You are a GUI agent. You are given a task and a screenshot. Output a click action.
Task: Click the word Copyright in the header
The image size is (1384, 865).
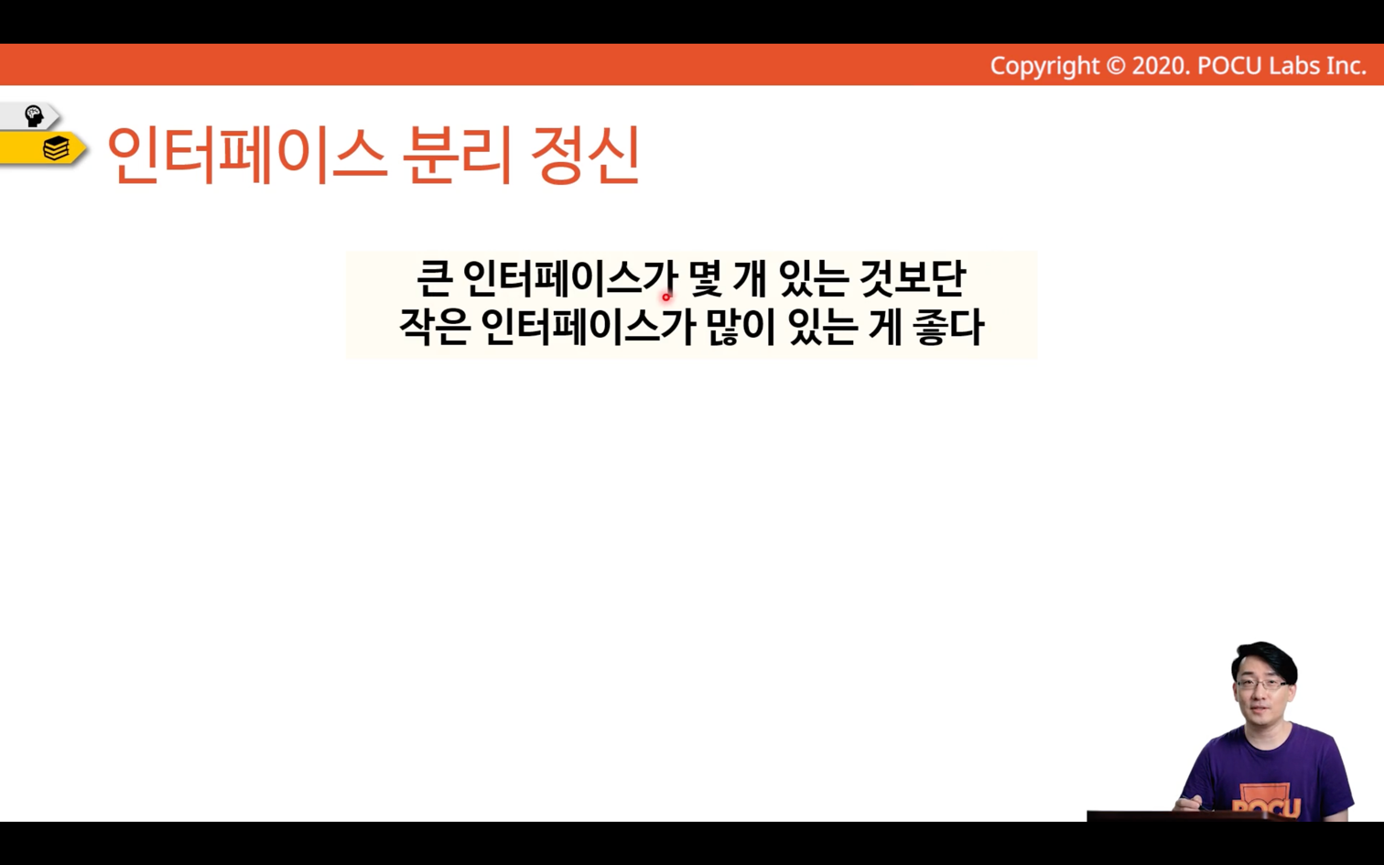click(x=1044, y=66)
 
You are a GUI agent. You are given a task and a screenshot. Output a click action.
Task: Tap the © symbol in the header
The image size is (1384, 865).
click(x=1116, y=66)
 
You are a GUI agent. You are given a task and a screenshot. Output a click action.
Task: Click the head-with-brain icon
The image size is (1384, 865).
click(x=34, y=116)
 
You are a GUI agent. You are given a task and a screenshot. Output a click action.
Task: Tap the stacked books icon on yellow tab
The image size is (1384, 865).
click(x=56, y=148)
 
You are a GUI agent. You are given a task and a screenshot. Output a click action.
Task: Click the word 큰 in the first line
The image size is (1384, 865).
click(x=436, y=278)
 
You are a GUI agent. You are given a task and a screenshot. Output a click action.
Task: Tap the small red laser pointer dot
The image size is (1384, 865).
click(x=666, y=297)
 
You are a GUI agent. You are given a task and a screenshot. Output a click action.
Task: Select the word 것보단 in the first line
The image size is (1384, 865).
click(x=913, y=278)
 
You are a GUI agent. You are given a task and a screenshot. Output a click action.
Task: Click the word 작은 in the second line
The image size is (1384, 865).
click(x=435, y=327)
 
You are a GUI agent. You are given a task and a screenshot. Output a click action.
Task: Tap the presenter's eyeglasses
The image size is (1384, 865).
click(x=1263, y=685)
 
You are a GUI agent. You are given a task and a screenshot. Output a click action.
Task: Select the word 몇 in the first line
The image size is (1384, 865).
click(x=705, y=278)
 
